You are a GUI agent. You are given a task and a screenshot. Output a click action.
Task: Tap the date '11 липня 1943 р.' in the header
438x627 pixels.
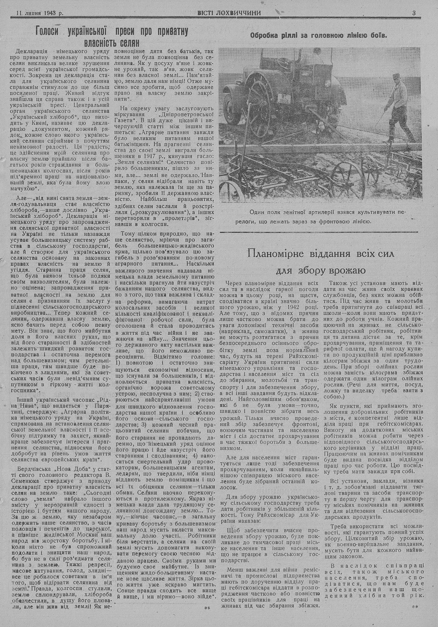(x=39, y=13)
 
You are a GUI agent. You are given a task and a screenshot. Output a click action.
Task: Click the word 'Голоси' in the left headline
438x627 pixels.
(x=49, y=32)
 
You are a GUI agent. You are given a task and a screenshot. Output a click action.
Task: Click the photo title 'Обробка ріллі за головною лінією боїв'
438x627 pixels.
(x=318, y=35)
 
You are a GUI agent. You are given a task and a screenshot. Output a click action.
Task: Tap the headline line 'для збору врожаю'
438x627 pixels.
(x=321, y=270)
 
